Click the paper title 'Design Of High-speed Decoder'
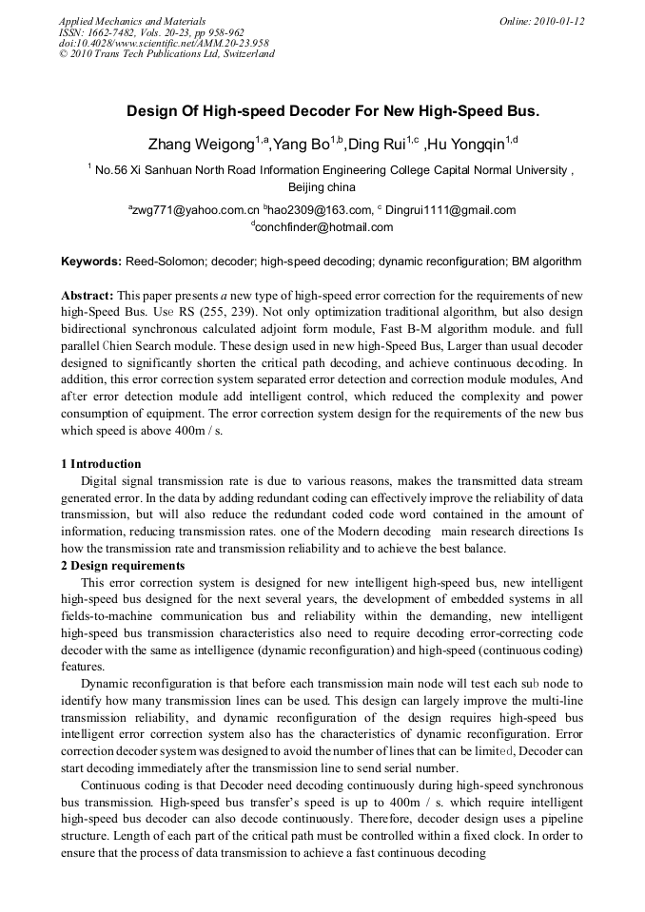click(333, 110)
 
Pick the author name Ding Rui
click(375, 145)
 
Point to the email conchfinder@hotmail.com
click(323, 227)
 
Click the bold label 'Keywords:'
click(90, 261)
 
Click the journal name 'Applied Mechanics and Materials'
click(132, 21)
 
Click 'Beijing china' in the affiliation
click(322, 187)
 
